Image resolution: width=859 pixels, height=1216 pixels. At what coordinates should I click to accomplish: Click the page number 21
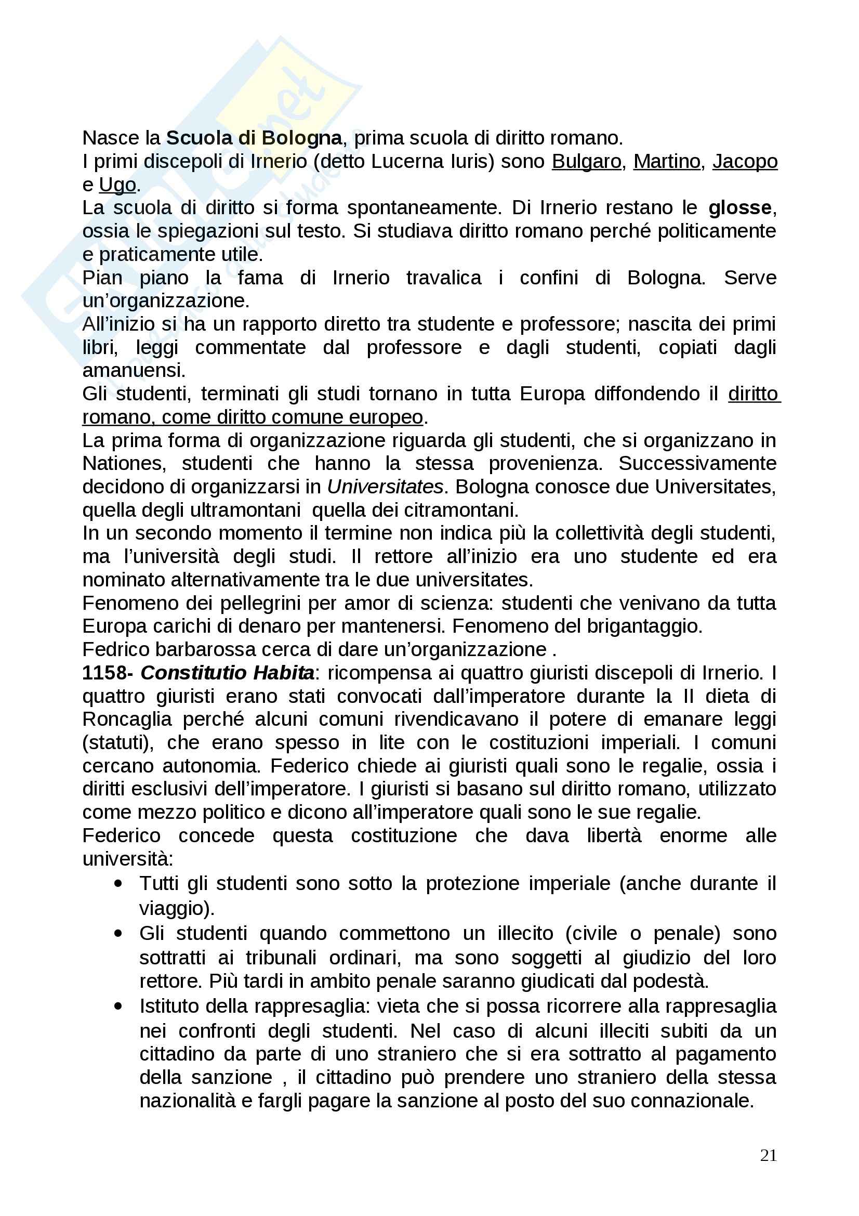coord(768,1155)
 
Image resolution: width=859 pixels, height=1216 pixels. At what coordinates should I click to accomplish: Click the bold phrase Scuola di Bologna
coord(254,138)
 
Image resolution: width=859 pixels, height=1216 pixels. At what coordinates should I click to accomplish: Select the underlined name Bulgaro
coord(586,161)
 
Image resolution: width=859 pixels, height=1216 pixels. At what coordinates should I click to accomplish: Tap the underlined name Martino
coord(666,161)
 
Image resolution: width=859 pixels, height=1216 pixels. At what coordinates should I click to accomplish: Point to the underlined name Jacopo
coord(745,161)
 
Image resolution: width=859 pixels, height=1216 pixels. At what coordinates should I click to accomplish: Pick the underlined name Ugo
coord(117,185)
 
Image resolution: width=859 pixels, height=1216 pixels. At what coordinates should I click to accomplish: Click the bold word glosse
coord(740,207)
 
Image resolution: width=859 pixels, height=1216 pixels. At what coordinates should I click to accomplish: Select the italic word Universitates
coord(385,486)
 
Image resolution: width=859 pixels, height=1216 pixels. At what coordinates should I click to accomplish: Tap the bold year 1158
coord(104,673)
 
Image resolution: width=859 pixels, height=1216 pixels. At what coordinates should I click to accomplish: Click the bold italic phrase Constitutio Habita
coord(228,673)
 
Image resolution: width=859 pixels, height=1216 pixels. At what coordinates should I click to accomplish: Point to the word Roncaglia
coord(127,719)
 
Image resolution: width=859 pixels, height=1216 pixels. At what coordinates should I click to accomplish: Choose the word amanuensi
coord(134,370)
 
